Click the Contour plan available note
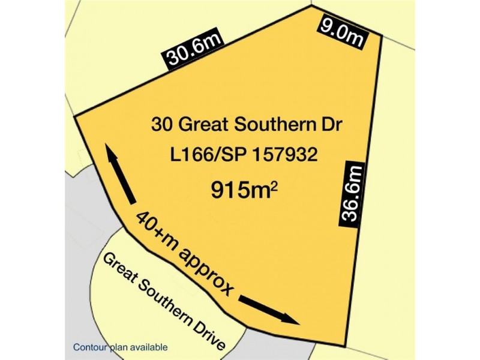pos(120,347)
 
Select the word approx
pos(203,269)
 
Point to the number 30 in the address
pos(160,126)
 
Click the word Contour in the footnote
pos(89,347)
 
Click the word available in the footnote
pos(149,347)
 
